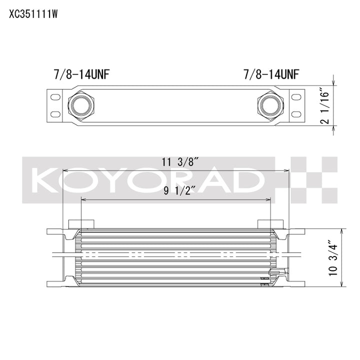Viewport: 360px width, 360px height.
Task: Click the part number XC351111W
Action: pyautogui.click(x=33, y=14)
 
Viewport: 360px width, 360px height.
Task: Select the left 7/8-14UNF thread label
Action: pyautogui.click(x=81, y=74)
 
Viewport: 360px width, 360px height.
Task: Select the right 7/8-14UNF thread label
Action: pyautogui.click(x=271, y=74)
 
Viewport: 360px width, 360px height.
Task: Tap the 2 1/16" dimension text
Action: pyautogui.click(x=325, y=107)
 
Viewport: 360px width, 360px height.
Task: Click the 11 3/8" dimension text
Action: pyautogui.click(x=180, y=162)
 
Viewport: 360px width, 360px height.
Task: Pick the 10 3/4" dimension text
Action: pyautogui.click(x=333, y=258)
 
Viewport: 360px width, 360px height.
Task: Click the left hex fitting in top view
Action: pyautogui.click(x=81, y=106)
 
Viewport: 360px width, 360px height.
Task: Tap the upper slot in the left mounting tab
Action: pyautogui.click(x=55, y=97)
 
